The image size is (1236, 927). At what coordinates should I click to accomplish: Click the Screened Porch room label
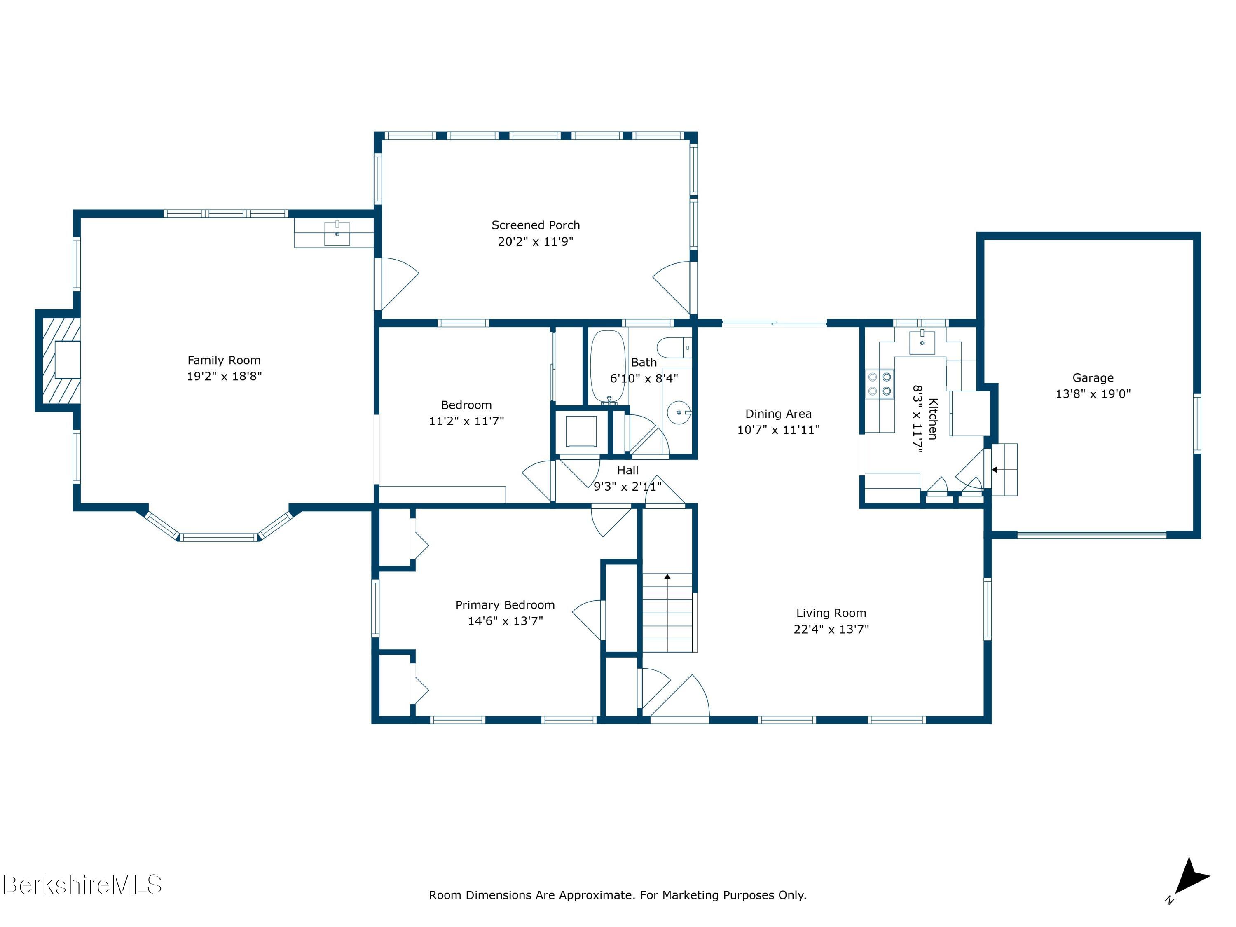pyautogui.click(x=535, y=225)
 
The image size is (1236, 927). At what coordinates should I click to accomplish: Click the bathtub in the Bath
pyautogui.click(x=608, y=367)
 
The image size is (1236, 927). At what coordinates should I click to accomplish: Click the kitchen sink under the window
pyautogui.click(x=922, y=342)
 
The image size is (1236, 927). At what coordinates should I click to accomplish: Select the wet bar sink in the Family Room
pyautogui.click(x=337, y=234)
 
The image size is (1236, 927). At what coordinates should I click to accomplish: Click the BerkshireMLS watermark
pyautogui.click(x=82, y=885)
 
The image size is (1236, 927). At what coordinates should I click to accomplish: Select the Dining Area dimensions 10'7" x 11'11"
pyautogui.click(x=778, y=430)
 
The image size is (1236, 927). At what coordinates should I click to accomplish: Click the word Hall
pyautogui.click(x=627, y=471)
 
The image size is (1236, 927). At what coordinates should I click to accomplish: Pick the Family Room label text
pyautogui.click(x=224, y=360)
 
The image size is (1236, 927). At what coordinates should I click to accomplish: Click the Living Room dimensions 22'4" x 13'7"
pyautogui.click(x=831, y=629)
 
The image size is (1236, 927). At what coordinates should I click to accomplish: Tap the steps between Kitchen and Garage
pyautogui.click(x=1004, y=469)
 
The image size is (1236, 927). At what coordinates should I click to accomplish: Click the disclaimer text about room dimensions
pyautogui.click(x=618, y=895)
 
